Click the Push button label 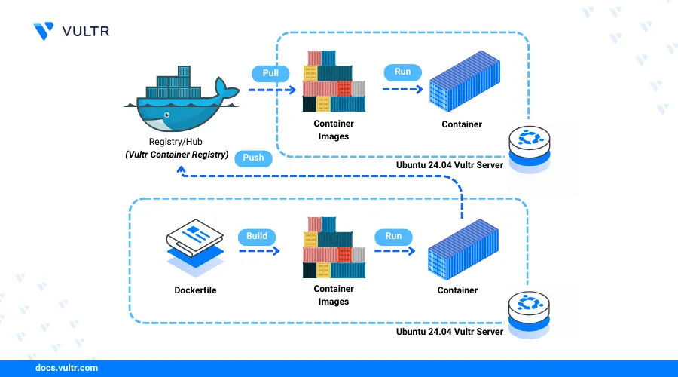click(x=253, y=158)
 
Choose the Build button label click(x=256, y=236)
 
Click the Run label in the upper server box click(x=402, y=72)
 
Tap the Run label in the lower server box click(x=393, y=236)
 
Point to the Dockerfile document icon click(x=194, y=245)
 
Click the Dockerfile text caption click(x=194, y=290)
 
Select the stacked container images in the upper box click(x=334, y=81)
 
